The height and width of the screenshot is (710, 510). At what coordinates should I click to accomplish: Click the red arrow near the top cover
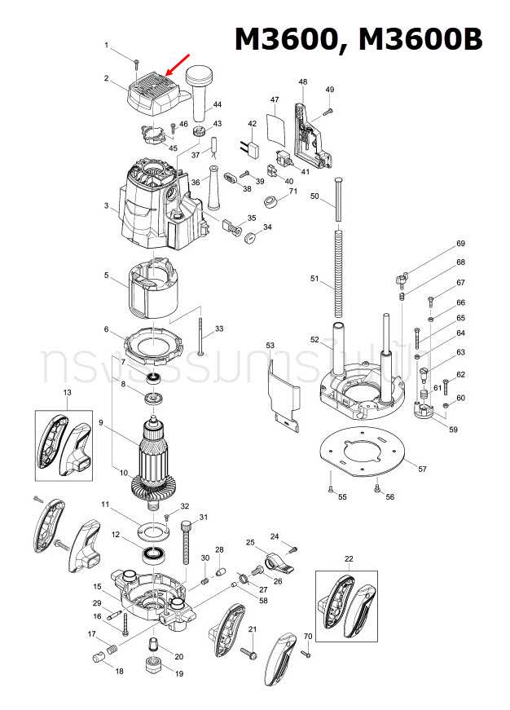point(179,64)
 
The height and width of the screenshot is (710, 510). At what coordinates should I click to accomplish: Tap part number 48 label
point(303,82)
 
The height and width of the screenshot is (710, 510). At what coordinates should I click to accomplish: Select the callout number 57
point(422,470)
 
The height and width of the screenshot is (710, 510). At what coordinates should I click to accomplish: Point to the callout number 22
point(349,558)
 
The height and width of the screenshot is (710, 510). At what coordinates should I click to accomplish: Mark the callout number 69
point(460,244)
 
